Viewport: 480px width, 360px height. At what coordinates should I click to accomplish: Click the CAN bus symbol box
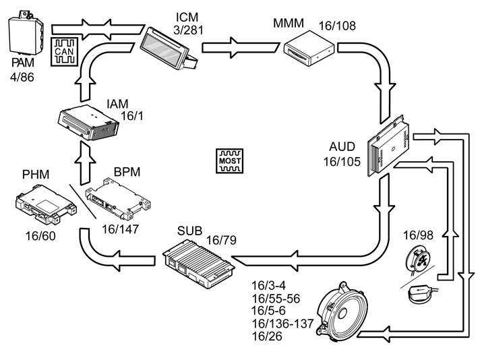tap(64, 52)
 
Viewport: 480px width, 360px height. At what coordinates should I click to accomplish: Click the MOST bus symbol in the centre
tap(230, 161)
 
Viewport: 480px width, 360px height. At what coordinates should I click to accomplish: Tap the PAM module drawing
tap(26, 33)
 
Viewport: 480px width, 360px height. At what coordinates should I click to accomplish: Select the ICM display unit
tap(169, 49)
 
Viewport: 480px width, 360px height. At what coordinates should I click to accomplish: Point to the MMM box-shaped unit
tap(309, 48)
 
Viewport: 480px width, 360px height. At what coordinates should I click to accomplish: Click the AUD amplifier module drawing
tap(389, 146)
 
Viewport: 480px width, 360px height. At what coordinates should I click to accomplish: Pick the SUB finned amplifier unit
tap(199, 264)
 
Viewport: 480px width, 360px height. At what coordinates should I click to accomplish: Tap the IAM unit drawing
tap(88, 123)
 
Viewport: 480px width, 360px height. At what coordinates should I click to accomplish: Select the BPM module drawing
tap(118, 199)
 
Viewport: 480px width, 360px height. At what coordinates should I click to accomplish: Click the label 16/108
tap(337, 26)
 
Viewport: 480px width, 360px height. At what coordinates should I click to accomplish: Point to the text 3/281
tap(188, 30)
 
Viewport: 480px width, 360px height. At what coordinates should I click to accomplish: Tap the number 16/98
tap(418, 235)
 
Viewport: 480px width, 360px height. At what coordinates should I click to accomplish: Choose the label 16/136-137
tap(282, 324)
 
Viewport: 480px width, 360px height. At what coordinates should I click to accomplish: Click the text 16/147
tap(120, 229)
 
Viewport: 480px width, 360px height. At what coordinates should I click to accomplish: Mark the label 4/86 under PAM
tap(22, 77)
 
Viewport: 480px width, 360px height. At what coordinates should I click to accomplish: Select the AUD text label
tap(342, 147)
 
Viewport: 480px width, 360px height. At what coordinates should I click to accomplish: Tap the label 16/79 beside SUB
tap(221, 240)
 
